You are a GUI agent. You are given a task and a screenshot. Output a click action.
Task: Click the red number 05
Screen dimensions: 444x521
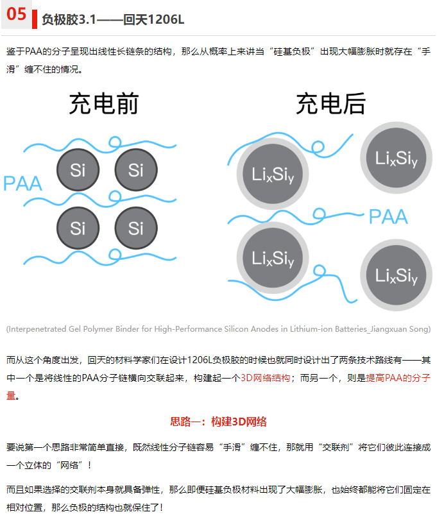[x=16, y=14]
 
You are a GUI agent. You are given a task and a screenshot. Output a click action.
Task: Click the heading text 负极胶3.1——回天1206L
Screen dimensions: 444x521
[x=113, y=20]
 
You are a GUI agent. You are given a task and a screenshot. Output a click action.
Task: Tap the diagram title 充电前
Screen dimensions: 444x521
[x=104, y=104]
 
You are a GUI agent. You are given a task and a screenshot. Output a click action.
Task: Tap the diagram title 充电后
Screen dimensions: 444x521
[x=330, y=104]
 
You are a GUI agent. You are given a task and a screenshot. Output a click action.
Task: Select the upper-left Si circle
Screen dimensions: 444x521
[x=78, y=170]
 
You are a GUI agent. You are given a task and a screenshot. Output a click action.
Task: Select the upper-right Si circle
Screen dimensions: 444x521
[x=136, y=170]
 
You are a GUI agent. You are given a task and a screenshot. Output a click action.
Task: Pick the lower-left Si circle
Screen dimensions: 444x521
[x=78, y=228]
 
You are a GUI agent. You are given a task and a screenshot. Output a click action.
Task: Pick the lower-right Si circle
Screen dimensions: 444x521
[x=136, y=228]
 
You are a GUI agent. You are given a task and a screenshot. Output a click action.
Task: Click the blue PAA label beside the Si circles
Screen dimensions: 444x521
[x=22, y=184]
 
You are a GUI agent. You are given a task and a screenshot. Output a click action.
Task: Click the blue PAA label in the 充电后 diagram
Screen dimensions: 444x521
[x=388, y=217]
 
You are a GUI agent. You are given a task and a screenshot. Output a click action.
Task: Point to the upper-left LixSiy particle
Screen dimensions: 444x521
[x=273, y=174]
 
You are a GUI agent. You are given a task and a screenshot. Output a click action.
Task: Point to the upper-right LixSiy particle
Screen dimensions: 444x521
[x=396, y=158]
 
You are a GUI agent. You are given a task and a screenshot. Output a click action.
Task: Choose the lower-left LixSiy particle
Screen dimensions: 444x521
[x=273, y=258]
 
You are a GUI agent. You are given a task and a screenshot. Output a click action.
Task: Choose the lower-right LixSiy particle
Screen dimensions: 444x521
[x=396, y=275]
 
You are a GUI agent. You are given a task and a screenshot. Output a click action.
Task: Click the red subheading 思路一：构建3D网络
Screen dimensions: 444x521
[x=218, y=422]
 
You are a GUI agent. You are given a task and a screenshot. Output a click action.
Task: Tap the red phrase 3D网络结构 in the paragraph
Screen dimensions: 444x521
[x=265, y=378]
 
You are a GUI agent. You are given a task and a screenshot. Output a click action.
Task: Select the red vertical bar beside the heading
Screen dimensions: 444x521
[x=35, y=19]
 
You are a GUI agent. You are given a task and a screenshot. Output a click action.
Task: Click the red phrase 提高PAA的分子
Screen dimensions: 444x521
[x=398, y=378]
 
